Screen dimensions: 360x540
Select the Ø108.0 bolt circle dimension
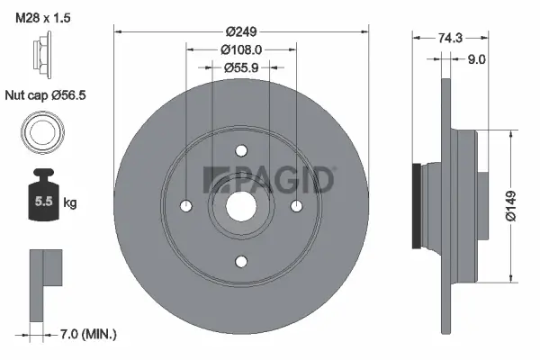pyautogui.click(x=241, y=49)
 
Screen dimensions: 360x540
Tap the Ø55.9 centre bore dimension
pyautogui.click(x=241, y=67)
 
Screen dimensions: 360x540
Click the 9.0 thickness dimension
pyautogui.click(x=477, y=59)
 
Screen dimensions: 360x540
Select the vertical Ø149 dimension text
pyautogui.click(x=510, y=206)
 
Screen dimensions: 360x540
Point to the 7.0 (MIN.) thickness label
pyautogui.click(x=84, y=334)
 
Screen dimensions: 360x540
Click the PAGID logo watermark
pyautogui.click(x=269, y=180)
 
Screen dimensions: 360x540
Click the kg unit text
pyautogui.click(x=70, y=204)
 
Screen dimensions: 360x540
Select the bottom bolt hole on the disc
pyautogui.click(x=241, y=261)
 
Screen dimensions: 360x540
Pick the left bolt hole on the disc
pyautogui.click(x=185, y=205)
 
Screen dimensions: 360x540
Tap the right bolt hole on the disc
pyautogui.click(x=297, y=205)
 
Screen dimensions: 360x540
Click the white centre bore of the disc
pyautogui.click(x=241, y=205)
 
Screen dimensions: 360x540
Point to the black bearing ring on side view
pyautogui.click(x=415, y=205)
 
